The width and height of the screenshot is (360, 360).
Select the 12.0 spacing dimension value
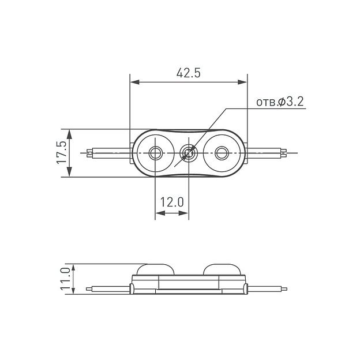[x=171, y=202]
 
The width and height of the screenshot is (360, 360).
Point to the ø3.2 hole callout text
[x=280, y=102]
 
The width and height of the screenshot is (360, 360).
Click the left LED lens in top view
[x=155, y=153]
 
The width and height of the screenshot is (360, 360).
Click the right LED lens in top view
[x=222, y=153]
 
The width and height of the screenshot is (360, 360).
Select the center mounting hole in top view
[x=189, y=153]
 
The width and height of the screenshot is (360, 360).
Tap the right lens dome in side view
[x=222, y=268]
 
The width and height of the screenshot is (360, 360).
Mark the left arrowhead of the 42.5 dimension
[x=134, y=82]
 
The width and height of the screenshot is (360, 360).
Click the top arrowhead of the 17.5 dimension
[x=70, y=133]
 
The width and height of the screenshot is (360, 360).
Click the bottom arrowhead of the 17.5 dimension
[x=70, y=172]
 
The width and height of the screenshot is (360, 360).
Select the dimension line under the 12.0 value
[x=171, y=213]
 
